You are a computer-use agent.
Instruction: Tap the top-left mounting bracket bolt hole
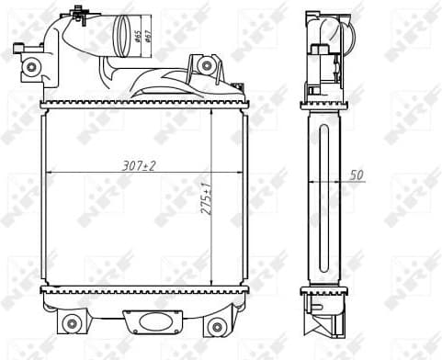click(x=32, y=67)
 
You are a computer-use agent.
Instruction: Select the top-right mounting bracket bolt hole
click(x=207, y=66)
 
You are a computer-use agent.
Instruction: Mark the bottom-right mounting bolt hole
click(x=216, y=326)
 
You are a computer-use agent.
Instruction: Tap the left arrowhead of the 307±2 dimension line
click(x=48, y=173)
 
